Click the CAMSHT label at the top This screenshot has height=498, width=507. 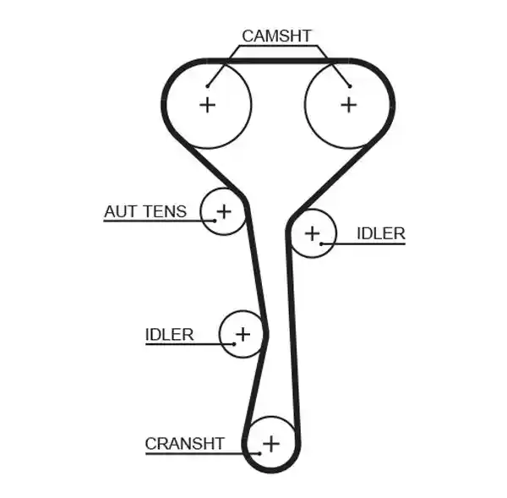coord(276,36)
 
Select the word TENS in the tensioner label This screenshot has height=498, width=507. coord(166,211)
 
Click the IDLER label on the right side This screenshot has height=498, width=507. coord(381,233)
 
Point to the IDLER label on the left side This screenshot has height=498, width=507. coord(170,335)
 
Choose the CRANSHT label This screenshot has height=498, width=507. coord(184,444)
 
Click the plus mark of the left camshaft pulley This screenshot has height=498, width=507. coord(208,105)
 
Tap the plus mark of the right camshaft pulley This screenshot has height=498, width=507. coord(349,105)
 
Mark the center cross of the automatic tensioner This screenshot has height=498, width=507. coord(224,211)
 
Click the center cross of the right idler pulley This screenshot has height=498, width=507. coord(313,233)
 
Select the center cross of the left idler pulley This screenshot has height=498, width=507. coord(243,334)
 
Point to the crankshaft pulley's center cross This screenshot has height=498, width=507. coord(271,443)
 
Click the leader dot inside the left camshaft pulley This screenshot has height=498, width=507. coord(207,86)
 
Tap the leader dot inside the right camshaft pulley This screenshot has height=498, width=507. coord(350,86)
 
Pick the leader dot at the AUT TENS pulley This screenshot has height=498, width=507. coord(215,221)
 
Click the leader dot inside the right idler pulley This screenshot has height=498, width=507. coord(321,244)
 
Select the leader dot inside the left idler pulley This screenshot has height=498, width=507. coord(234,344)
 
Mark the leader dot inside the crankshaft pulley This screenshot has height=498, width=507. coord(260,454)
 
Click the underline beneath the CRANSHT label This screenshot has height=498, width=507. coord(203,454)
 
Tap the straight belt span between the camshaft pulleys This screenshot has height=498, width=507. coord(278,61)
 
